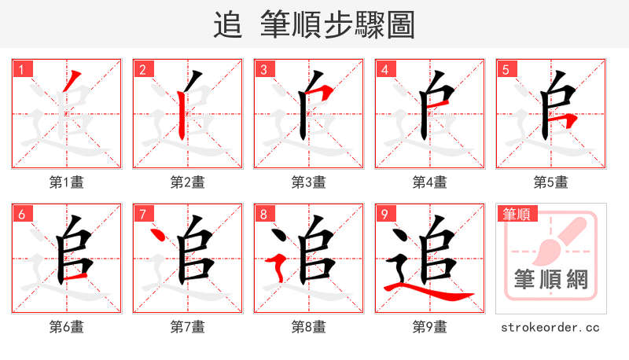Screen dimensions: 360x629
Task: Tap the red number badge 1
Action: tap(21, 69)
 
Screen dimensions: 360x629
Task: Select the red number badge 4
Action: tap(384, 69)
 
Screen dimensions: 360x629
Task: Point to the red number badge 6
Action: tap(21, 214)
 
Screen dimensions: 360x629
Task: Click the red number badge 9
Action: tap(384, 214)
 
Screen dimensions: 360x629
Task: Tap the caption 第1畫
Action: tap(66, 182)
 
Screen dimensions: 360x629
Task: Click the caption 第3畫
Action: tap(308, 182)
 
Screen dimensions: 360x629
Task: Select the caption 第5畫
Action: tap(550, 182)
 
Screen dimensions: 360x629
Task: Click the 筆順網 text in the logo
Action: tap(550, 280)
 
